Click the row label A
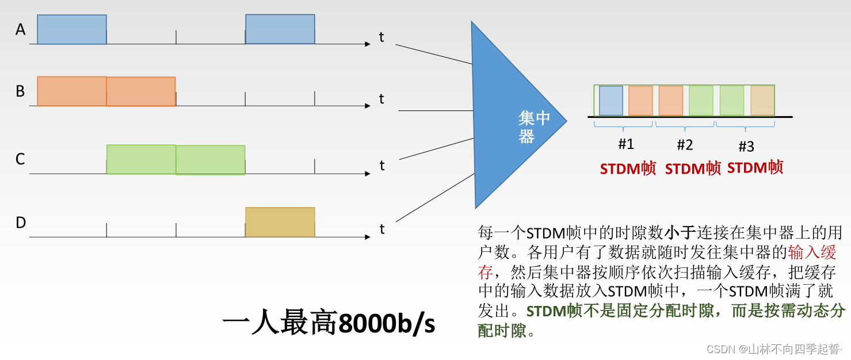coord(21,29)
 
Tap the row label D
coord(21,223)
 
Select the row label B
coord(21,91)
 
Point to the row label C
coord(21,159)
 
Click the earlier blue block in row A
coord(72,29)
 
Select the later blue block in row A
coord(280,29)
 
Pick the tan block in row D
coord(280,222)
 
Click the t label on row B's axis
coord(381,99)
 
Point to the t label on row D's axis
coord(381,229)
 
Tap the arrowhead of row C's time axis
coord(367,173)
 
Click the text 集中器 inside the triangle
coord(533,127)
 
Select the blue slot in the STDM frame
coord(610,101)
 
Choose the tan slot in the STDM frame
coord(762,101)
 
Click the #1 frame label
coord(625,144)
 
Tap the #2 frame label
coord(685,145)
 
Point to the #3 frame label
coord(746,147)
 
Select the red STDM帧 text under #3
coord(755,167)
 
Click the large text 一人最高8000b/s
coord(329,324)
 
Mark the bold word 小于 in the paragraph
coord(680,233)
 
